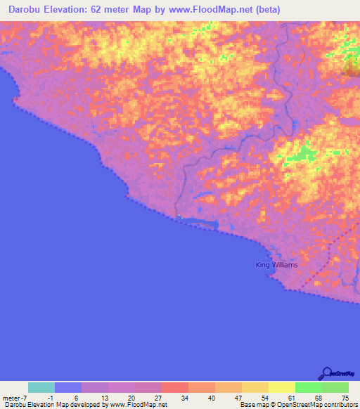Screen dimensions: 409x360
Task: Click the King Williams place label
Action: click(x=276, y=265)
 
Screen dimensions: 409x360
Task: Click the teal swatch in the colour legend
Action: click(x=41, y=387)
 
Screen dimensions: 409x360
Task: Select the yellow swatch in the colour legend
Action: click(x=282, y=387)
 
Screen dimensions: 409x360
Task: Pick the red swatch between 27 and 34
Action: click(x=175, y=387)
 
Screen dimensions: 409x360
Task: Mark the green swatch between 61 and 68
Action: click(x=309, y=387)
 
